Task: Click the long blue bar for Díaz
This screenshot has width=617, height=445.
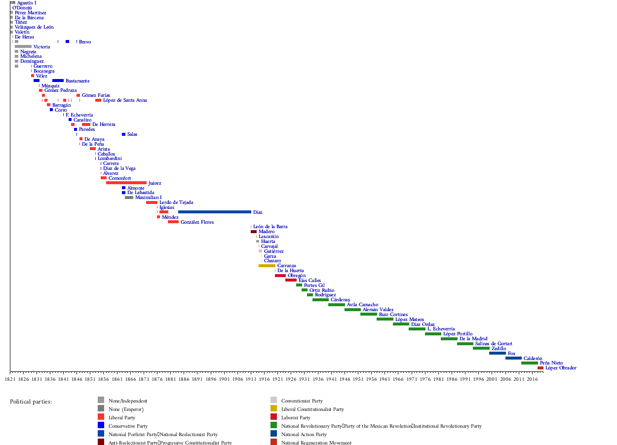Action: pyautogui.click(x=215, y=212)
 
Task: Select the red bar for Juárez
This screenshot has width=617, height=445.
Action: pyautogui.click(x=126, y=183)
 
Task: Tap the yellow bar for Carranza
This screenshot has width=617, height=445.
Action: pyautogui.click(x=267, y=266)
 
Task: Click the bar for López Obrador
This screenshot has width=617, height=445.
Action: pyautogui.click(x=540, y=368)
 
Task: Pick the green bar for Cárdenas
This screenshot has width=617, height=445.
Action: pyautogui.click(x=320, y=300)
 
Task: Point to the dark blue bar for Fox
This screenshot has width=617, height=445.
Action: pyautogui.click(x=498, y=353)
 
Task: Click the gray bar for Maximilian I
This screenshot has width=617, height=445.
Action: pyautogui.click(x=129, y=198)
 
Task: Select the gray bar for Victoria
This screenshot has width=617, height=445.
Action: pyautogui.click(x=23, y=46)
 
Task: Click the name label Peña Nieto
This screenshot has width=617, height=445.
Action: pyautogui.click(x=551, y=363)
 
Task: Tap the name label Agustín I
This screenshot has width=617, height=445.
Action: pyautogui.click(x=27, y=3)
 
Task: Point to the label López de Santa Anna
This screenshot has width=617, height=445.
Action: pyautogui.click(x=125, y=100)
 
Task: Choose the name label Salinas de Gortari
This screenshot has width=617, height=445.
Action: pyautogui.click(x=494, y=344)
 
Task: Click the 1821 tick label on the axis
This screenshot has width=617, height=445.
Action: pyautogui.click(x=10, y=379)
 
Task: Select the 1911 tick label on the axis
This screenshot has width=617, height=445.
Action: pyautogui.click(x=251, y=379)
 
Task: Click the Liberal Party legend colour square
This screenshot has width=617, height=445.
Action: pyautogui.click(x=101, y=417)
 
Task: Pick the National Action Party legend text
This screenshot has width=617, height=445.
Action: pyautogui.click(x=304, y=435)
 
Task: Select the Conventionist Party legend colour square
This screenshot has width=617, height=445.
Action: pyautogui.click(x=273, y=400)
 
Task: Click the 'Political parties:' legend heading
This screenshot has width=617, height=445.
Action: pyautogui.click(x=31, y=402)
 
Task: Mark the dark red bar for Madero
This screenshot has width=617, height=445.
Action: pyautogui.click(x=254, y=232)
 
